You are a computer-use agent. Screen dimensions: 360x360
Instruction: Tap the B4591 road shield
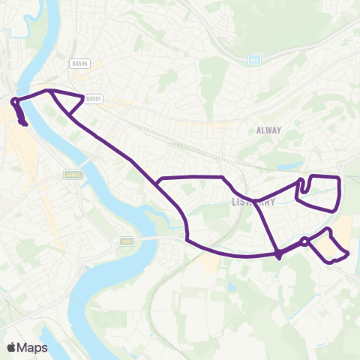pos(93,98)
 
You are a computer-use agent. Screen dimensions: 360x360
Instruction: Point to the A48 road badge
pos(125,241)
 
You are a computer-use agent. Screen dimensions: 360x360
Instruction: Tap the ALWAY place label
pos(268,130)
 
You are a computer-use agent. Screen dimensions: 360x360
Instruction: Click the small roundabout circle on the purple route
pos(304,241)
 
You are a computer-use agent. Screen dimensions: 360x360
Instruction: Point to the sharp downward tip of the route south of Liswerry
pos(278,259)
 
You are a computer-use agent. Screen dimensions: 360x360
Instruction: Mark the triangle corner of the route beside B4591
pos(83,97)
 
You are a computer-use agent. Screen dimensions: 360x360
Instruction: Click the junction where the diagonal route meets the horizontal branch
pos(157,182)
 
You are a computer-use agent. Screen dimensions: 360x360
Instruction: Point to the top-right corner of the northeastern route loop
pos(340,178)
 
